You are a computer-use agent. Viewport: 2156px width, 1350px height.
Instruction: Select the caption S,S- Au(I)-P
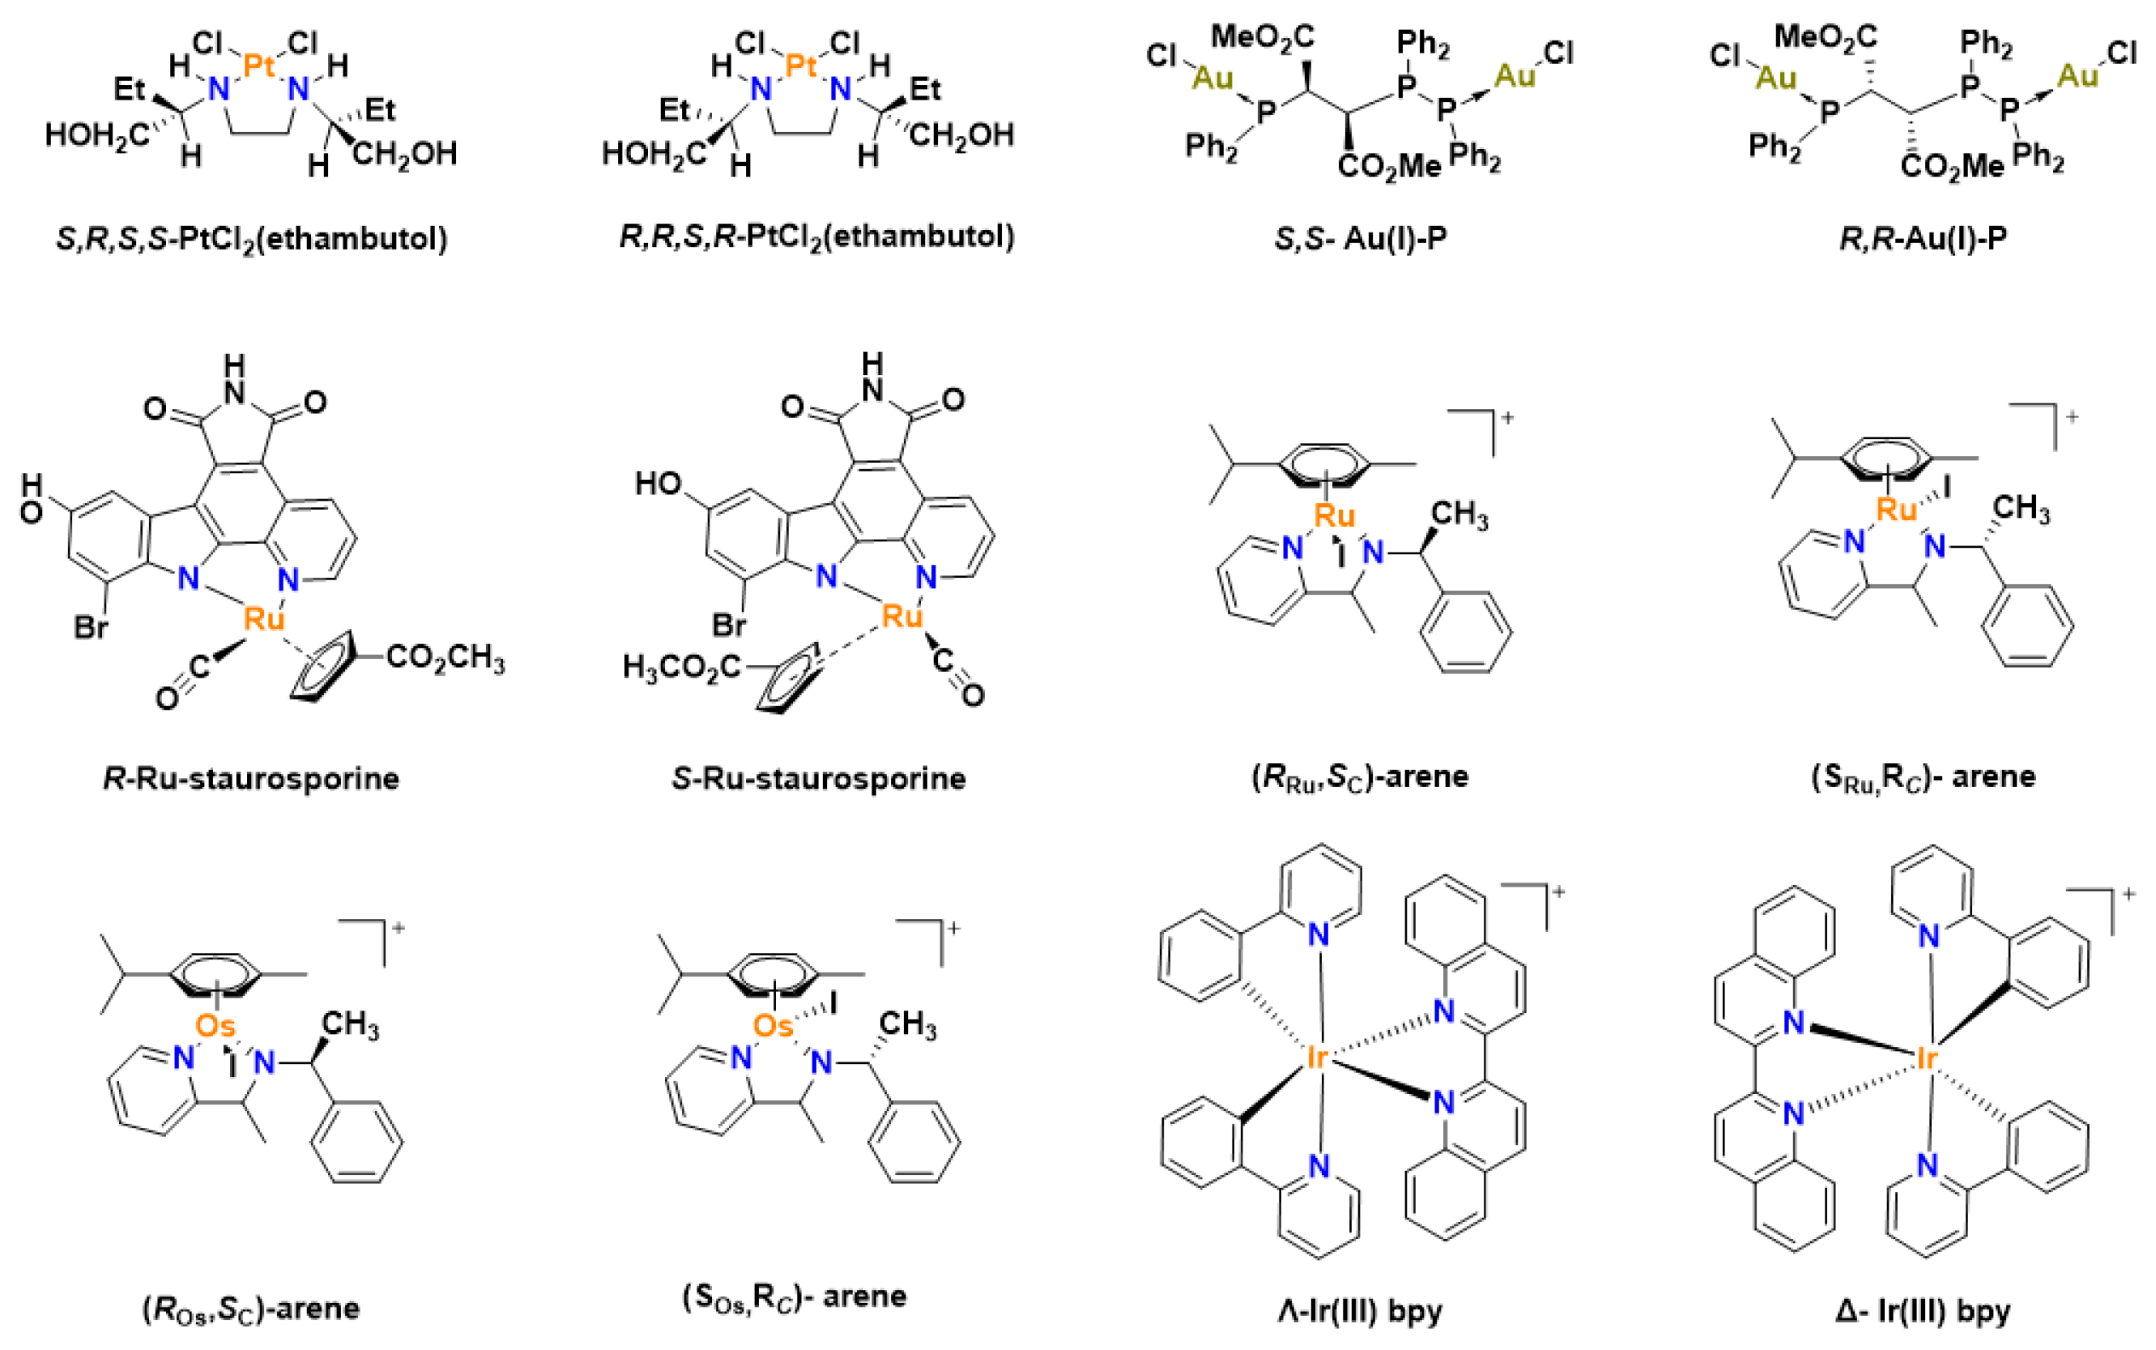click(x=1360, y=238)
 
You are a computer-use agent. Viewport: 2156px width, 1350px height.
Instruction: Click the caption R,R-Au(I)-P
click(x=1923, y=238)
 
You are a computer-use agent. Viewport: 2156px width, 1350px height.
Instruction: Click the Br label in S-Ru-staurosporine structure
click(x=729, y=625)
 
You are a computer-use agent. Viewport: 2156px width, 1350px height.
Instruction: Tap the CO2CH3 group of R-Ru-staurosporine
click(x=445, y=658)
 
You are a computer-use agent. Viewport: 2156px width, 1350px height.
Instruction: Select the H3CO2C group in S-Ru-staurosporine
click(x=682, y=666)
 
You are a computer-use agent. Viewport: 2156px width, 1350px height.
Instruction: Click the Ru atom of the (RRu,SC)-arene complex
click(x=1334, y=515)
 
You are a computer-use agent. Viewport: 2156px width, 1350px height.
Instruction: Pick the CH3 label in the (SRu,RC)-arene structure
click(x=2021, y=508)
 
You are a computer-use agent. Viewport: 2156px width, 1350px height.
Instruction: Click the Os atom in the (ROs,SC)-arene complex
click(x=215, y=1025)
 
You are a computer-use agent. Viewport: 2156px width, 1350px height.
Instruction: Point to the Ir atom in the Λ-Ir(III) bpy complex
click(x=1317, y=1059)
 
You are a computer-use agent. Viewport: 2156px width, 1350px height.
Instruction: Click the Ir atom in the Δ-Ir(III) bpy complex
click(x=1927, y=1059)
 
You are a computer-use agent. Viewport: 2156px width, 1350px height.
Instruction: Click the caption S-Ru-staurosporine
click(x=818, y=779)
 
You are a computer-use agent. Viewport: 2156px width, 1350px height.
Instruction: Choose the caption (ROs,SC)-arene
click(x=251, y=1309)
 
